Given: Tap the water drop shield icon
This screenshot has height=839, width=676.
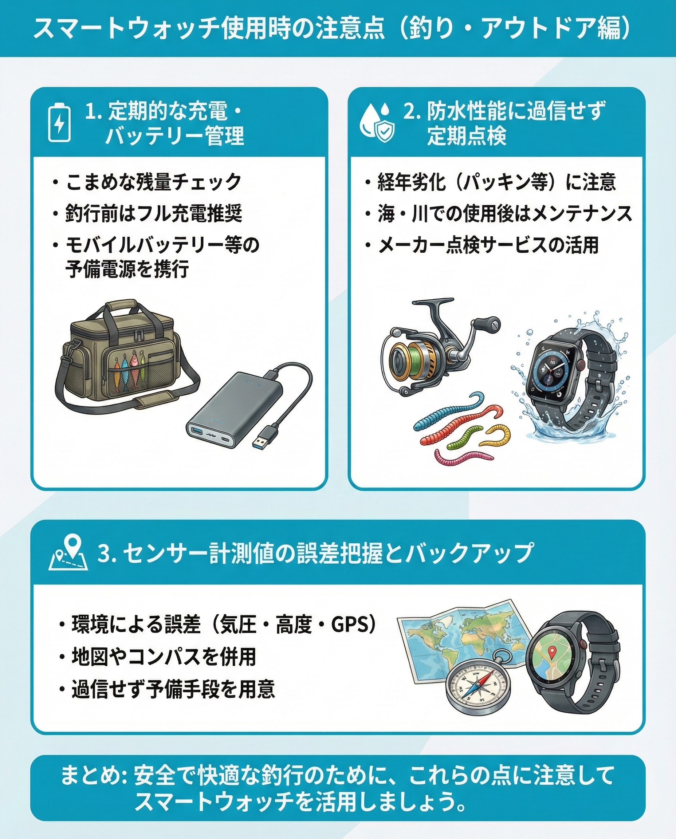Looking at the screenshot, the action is click(x=377, y=122).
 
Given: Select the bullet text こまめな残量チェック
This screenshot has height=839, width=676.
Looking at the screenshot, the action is click(x=153, y=182).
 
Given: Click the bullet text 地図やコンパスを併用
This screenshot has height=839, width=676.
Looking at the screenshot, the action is click(x=164, y=657).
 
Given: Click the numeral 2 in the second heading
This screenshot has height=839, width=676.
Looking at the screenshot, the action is click(x=409, y=112).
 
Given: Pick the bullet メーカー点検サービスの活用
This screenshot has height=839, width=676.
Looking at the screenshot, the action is click(x=488, y=245).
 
